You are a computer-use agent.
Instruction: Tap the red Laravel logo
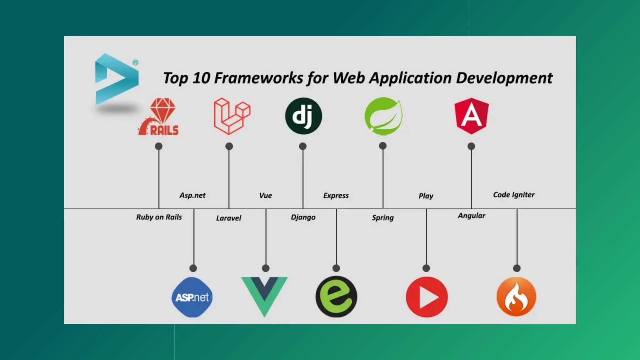pos(232,116)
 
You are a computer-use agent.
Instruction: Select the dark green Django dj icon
pos(303,116)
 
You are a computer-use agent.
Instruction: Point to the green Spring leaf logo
pos(383,116)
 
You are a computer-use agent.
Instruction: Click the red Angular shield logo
pos(472,116)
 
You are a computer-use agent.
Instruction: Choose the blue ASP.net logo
pos(192,297)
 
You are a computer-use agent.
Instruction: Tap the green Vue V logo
pos(264,295)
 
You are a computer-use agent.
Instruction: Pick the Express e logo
pos(336,297)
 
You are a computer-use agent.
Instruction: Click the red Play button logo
pos(427,297)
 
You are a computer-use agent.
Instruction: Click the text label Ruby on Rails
pos(159,217)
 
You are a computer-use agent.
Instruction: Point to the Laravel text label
pos(229,218)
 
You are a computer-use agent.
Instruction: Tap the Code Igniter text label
pos(514,195)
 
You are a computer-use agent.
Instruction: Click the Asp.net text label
pos(192,195)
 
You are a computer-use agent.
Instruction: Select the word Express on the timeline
pos(336,196)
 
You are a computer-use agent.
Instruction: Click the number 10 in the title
pos(201,78)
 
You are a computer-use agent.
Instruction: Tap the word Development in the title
pos(504,78)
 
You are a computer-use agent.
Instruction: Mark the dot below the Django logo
pos(302,146)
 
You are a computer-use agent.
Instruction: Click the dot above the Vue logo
pos(266,268)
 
